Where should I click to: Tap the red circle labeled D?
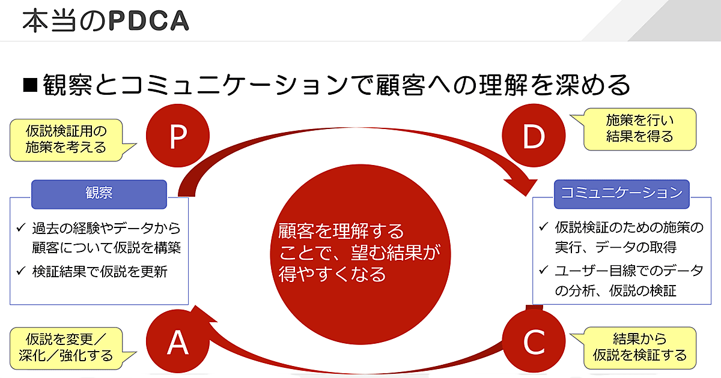tap(533, 137)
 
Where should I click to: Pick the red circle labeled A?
tap(178, 342)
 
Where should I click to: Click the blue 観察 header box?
tap(99, 194)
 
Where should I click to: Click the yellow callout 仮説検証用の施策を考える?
tap(66, 139)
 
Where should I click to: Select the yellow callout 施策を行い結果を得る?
tap(639, 128)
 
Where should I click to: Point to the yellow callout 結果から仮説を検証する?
tap(639, 347)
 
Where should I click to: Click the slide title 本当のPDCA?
tap(106, 20)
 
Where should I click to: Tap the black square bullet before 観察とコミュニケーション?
tap(30, 86)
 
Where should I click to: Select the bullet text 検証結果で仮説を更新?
tap(100, 271)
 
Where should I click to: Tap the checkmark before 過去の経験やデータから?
tap(21, 229)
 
